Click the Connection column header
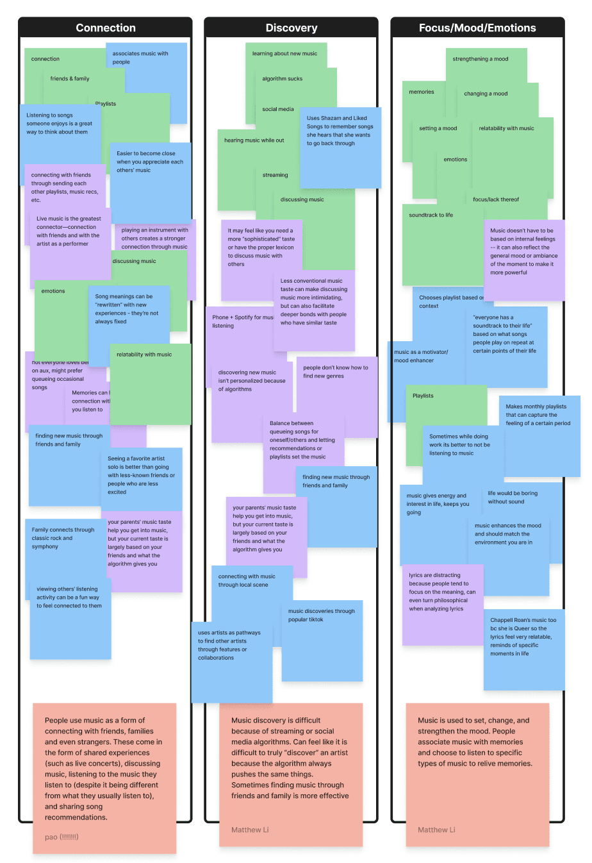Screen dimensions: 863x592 (x=105, y=28)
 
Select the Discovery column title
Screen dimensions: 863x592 (x=292, y=28)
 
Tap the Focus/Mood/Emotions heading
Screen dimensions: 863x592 (x=477, y=28)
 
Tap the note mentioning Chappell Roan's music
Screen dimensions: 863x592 (x=523, y=648)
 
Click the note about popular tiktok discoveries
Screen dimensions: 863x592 (x=322, y=641)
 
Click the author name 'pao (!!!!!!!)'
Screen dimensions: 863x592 (x=62, y=837)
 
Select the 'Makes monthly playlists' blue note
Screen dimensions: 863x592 (x=538, y=430)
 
